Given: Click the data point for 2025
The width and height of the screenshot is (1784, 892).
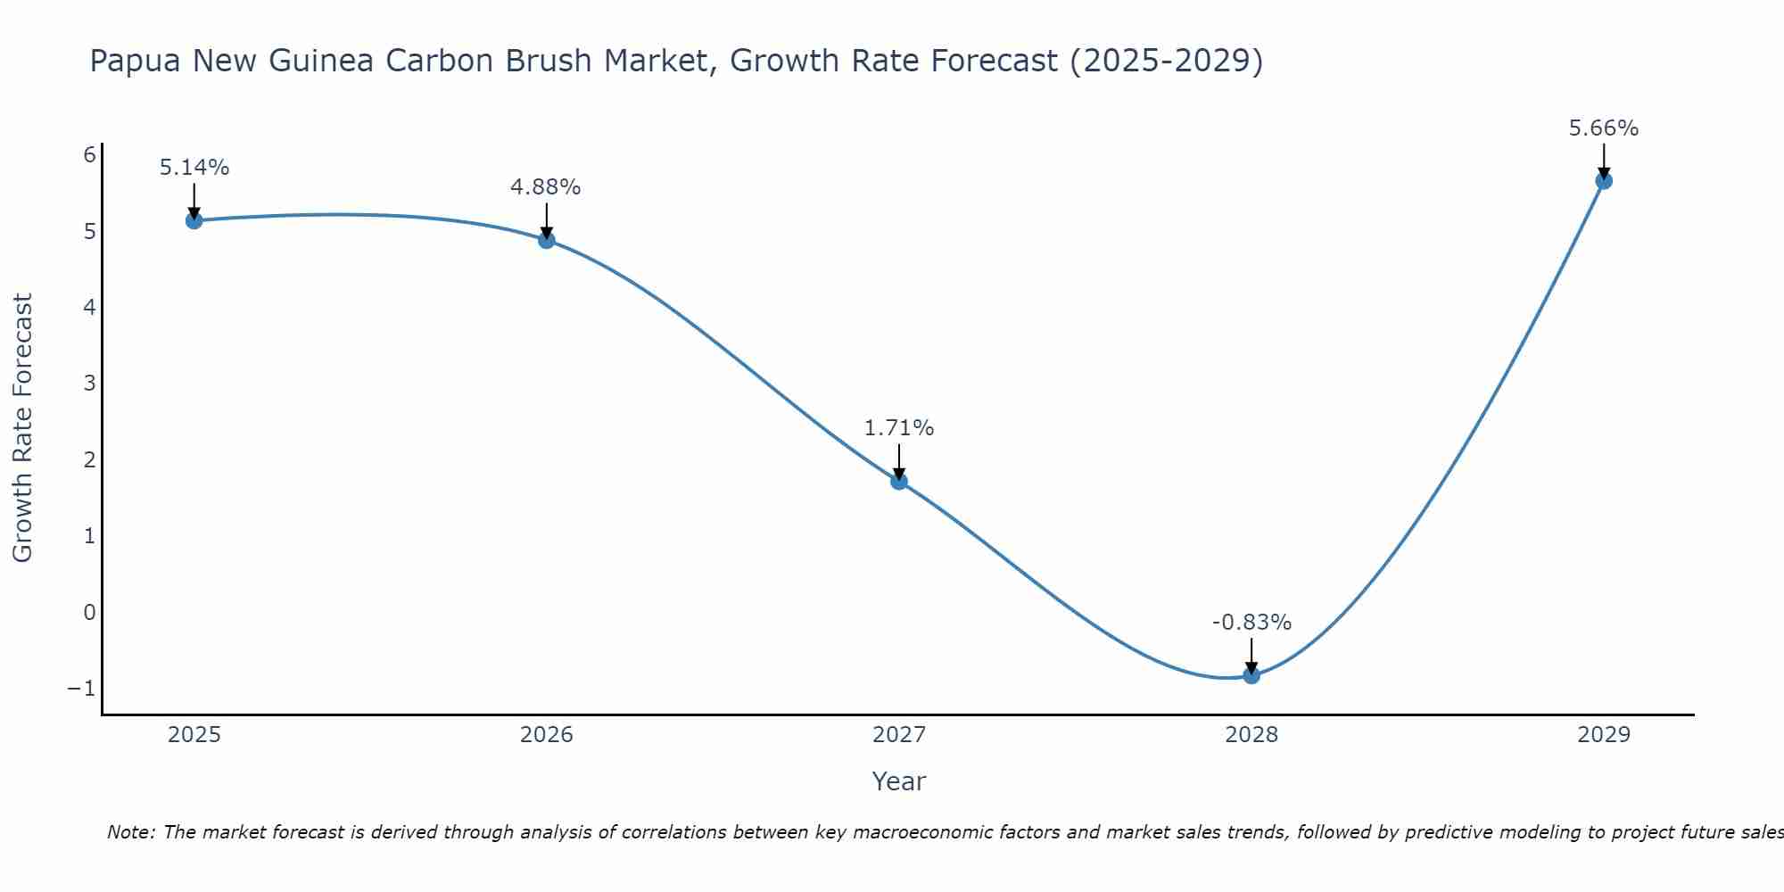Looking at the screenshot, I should [x=194, y=220].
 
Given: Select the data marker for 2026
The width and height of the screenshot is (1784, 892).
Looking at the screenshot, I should [x=547, y=240].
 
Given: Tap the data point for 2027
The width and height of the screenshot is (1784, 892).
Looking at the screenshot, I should [x=899, y=482].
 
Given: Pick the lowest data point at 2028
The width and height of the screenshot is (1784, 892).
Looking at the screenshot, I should [x=1251, y=675].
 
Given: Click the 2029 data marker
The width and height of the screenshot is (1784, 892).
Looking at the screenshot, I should [x=1604, y=181].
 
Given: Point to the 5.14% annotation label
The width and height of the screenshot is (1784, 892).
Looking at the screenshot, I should [x=194, y=168].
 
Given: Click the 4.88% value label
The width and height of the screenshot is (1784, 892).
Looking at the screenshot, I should [x=545, y=187].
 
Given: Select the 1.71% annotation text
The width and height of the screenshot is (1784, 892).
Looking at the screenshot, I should [x=898, y=428].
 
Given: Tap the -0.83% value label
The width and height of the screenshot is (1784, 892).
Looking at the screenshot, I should [x=1251, y=623].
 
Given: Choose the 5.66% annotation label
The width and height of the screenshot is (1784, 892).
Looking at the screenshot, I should [x=1603, y=128].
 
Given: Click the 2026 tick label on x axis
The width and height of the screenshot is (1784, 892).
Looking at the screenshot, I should [x=547, y=735].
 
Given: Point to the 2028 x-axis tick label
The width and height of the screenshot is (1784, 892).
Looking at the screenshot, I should [x=1251, y=735].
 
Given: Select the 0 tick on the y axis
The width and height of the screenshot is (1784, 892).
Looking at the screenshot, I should [x=89, y=613].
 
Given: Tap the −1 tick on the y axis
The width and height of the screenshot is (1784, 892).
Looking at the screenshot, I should [x=82, y=689].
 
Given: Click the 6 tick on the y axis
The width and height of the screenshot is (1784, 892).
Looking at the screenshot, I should [x=89, y=155].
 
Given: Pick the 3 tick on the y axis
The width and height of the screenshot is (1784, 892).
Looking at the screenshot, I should [x=89, y=384].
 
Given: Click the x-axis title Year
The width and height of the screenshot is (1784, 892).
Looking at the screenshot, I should [x=898, y=781].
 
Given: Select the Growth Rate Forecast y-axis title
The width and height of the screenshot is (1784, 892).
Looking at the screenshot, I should [x=22, y=428].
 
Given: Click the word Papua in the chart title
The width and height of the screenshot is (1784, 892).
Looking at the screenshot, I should [x=136, y=61].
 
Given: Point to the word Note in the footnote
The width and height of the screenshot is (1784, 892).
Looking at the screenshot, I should [x=130, y=832].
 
